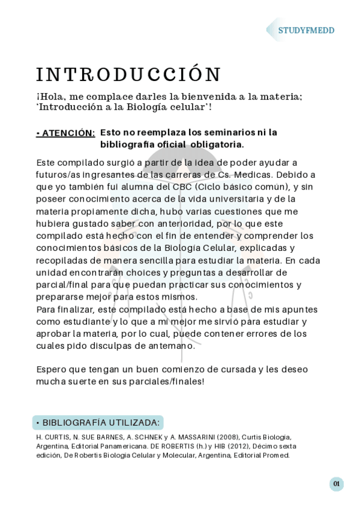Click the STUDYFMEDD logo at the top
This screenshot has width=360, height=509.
point(306,30)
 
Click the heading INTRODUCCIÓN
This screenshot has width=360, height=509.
point(128,74)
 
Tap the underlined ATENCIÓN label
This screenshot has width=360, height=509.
point(65,133)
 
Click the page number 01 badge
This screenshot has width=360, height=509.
point(337,484)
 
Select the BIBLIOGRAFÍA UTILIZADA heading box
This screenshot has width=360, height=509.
point(98,423)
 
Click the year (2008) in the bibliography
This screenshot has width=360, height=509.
point(229,437)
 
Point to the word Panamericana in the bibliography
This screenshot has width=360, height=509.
point(112,446)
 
